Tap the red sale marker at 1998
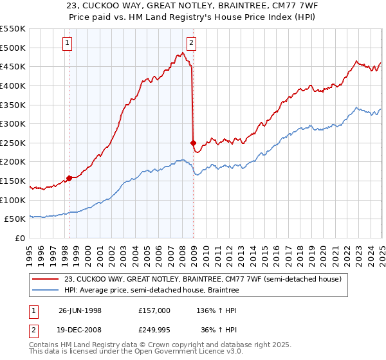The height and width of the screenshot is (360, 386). [x=69, y=178]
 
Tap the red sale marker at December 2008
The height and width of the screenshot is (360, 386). [x=192, y=143]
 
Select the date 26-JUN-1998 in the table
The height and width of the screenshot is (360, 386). [x=80, y=310]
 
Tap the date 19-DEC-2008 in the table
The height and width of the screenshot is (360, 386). [x=80, y=332]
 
